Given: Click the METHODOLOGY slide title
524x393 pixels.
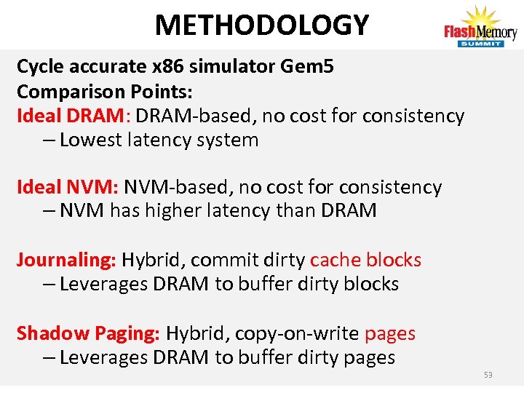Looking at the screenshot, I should pyautogui.click(x=261, y=25).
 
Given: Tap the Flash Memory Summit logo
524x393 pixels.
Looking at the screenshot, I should pyautogui.click(x=480, y=28).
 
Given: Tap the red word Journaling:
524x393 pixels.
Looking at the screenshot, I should pyautogui.click(x=66, y=260).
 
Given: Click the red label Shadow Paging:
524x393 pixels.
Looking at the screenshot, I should pyautogui.click(x=88, y=333).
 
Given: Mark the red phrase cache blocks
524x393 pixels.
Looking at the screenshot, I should pyautogui.click(x=365, y=260).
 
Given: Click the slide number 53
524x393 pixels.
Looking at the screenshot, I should pyautogui.click(x=488, y=375).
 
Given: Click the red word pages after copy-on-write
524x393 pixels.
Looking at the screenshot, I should pyautogui.click(x=390, y=333).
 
